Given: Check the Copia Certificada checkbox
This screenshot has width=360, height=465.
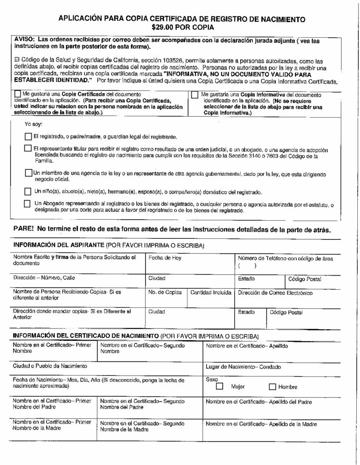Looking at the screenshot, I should (18, 94).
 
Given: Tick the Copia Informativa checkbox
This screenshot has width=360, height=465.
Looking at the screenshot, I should (195, 95).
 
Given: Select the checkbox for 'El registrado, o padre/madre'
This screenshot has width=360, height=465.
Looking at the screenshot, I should (28, 136).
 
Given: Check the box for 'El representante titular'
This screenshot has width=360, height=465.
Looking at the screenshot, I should (28, 148).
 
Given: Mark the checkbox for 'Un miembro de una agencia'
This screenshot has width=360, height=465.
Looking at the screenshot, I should (28, 173).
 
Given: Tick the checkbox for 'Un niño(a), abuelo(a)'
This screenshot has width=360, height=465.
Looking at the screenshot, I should (28, 191).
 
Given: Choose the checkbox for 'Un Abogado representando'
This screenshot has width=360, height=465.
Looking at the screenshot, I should (28, 204).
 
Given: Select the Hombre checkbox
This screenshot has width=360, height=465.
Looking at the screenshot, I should (272, 387).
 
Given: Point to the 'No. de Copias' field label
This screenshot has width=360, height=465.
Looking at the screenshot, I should (165, 292).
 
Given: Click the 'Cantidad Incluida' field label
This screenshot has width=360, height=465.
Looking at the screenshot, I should (211, 292).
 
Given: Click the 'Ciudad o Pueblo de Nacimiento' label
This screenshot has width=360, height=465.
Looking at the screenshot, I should (50, 366).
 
